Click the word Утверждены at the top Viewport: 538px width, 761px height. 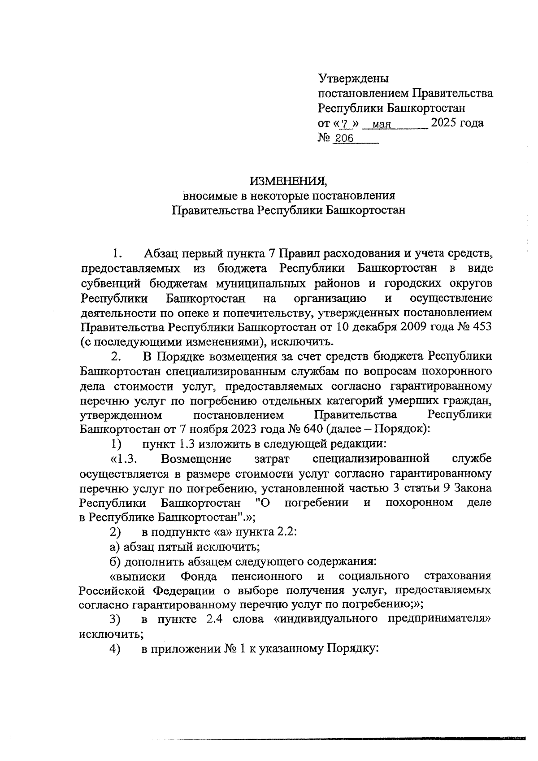click(x=353, y=79)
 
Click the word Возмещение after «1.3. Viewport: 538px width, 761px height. click(x=196, y=459)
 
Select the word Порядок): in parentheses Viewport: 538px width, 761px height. click(x=402, y=429)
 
